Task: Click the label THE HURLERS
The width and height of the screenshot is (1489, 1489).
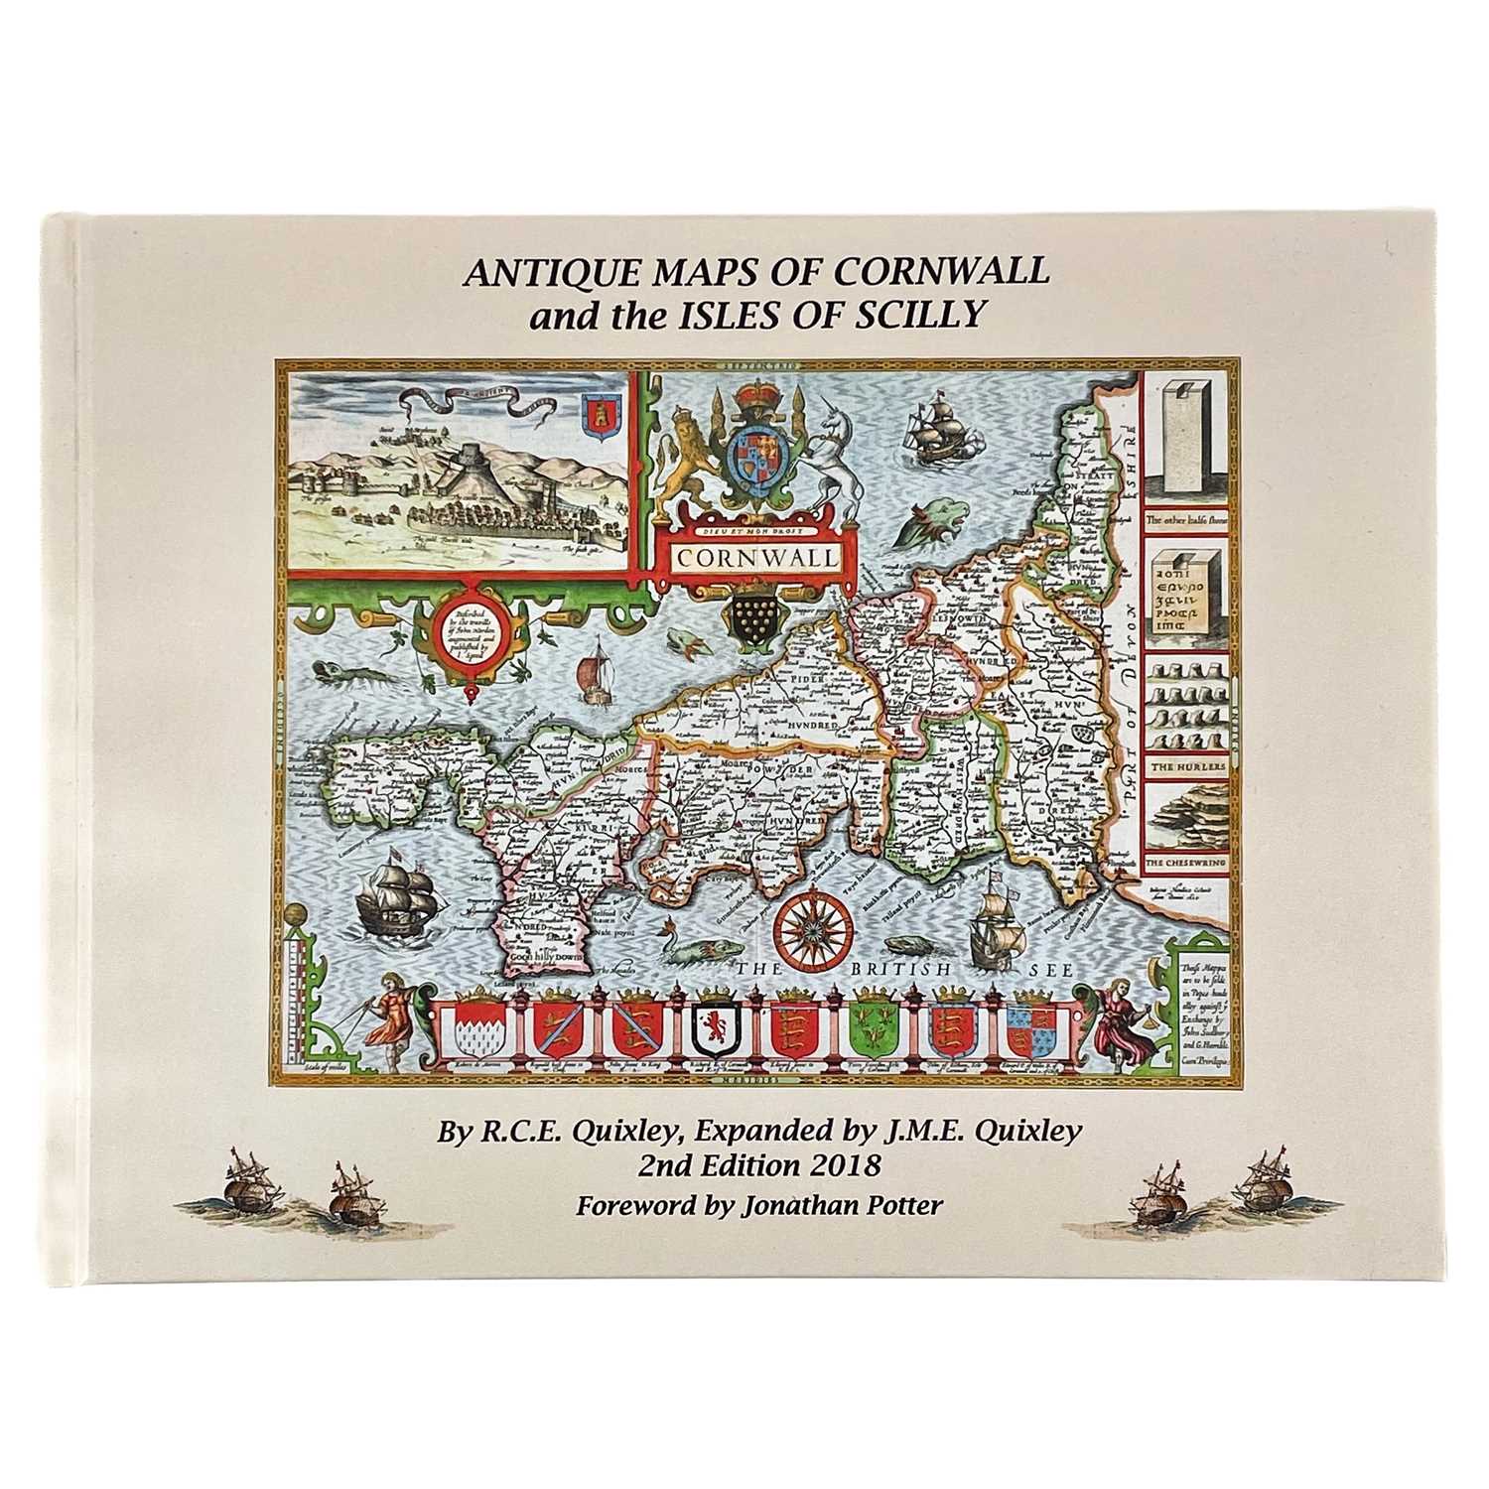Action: pyautogui.click(x=1188, y=767)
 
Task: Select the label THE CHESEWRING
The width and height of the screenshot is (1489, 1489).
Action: pyautogui.click(x=1187, y=865)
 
